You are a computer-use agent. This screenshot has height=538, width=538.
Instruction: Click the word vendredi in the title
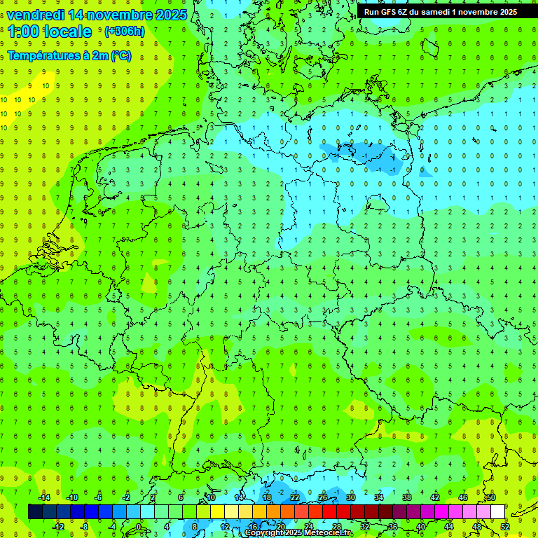pyautogui.click(x=36, y=15)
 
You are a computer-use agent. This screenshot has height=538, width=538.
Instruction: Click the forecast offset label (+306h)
pyautogui.click(x=124, y=32)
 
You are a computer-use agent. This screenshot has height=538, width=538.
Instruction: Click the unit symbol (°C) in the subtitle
pyautogui.click(x=120, y=55)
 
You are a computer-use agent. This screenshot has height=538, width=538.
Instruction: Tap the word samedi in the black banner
pyautogui.click(x=438, y=12)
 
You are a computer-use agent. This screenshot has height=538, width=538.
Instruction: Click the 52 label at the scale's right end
pyautogui.click(x=505, y=527)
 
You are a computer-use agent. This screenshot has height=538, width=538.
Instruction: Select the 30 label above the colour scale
pyautogui.click(x=350, y=497)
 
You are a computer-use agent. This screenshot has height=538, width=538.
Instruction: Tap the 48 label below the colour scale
pyautogui.click(x=477, y=527)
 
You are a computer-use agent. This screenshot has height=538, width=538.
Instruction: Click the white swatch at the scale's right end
pyautogui.click(x=497, y=511)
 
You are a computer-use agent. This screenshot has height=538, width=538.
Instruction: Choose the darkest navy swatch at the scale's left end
pyautogui.click(x=35, y=511)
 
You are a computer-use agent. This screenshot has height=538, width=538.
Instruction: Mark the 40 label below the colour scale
pyautogui.click(x=421, y=527)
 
